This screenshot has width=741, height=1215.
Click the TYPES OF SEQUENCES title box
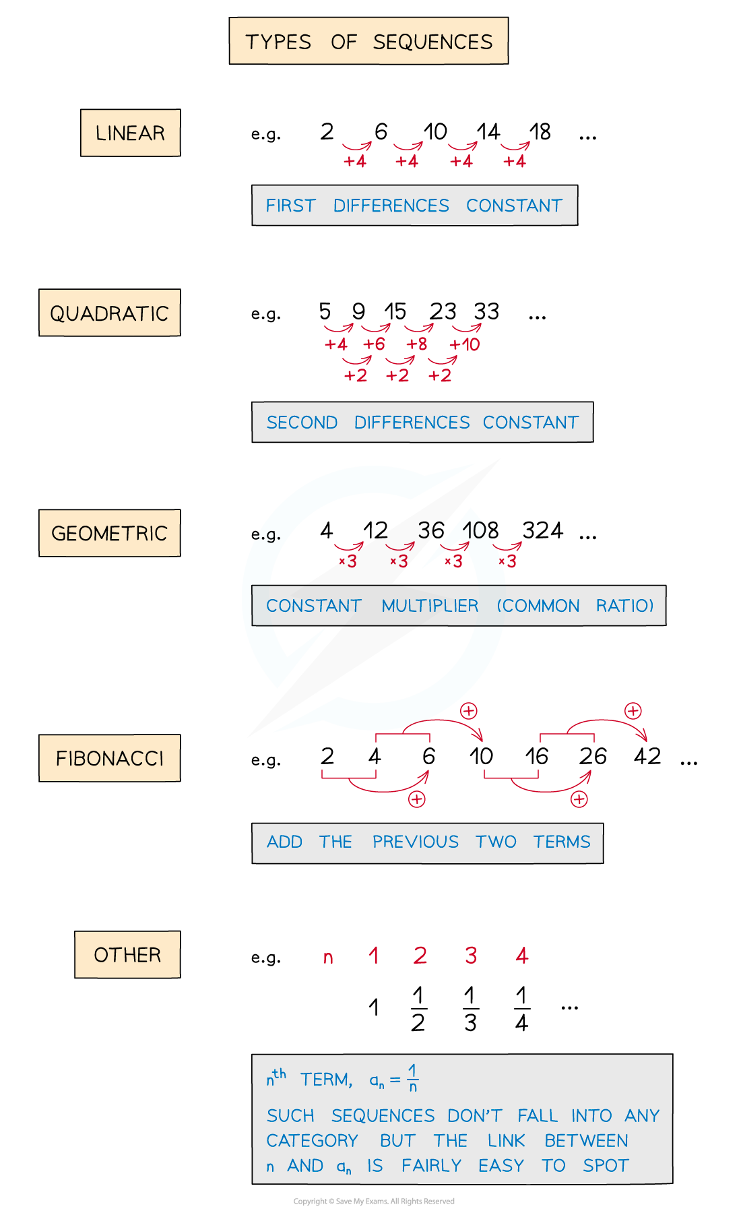tap(368, 41)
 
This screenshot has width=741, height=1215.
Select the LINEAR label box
tap(131, 133)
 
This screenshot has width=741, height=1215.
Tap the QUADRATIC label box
tap(110, 313)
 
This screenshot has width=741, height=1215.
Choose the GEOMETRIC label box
tap(110, 533)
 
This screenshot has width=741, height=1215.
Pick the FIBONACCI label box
tap(110, 758)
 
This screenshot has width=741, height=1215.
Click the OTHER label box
tap(127, 954)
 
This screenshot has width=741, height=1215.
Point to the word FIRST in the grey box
tap(290, 206)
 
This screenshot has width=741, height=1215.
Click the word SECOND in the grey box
tap(302, 423)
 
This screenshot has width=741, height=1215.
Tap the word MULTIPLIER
tap(430, 606)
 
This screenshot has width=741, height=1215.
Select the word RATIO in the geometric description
tap(624, 606)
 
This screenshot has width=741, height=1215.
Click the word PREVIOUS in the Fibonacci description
tap(415, 842)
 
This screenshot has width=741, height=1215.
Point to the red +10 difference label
tap(465, 344)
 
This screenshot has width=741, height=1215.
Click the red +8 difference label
tap(417, 344)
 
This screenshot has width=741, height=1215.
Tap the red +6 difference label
tap(375, 344)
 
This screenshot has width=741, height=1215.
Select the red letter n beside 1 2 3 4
tap(328, 957)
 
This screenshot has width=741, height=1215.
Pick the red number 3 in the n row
tap(471, 955)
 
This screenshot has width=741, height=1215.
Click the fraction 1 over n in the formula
tap(413, 1078)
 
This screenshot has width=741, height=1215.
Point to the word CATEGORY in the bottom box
tap(312, 1141)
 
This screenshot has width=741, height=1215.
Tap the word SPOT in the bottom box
tap(606, 1166)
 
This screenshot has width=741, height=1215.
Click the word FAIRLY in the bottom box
tap(431, 1166)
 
